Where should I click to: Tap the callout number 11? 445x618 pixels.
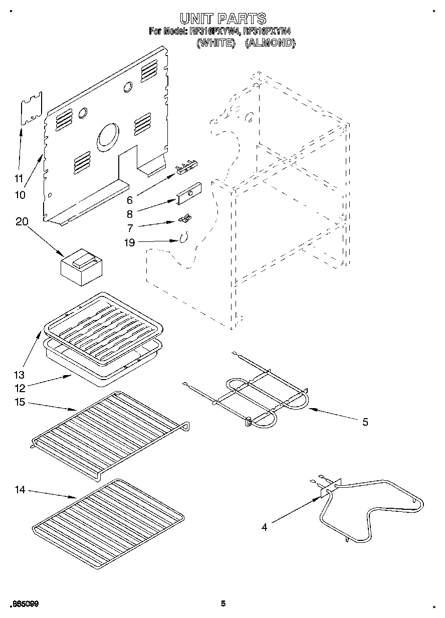coord(19,178)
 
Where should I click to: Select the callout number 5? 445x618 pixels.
coord(365,422)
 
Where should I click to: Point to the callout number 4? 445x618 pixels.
coord(265,526)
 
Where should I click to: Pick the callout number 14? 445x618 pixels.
coord(20,490)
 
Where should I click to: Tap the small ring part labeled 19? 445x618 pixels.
coord(183,237)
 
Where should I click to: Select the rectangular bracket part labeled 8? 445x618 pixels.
coord(188,194)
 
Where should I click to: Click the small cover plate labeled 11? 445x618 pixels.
coord(31,107)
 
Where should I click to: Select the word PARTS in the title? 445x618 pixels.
coord(241,19)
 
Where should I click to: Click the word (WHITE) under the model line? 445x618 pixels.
coord(215,43)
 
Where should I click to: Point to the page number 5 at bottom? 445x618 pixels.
coord(223,603)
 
